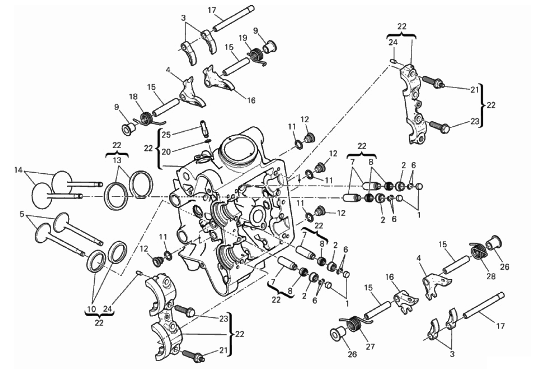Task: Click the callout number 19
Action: tap(242, 38)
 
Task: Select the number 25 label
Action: tap(166, 135)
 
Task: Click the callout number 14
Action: tap(18, 170)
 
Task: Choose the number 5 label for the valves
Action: tap(22, 213)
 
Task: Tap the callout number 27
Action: tap(370, 347)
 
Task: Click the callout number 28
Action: tap(491, 276)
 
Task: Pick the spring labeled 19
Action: tap(256, 56)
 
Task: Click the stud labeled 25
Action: tap(203, 128)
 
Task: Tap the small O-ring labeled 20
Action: tap(207, 140)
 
